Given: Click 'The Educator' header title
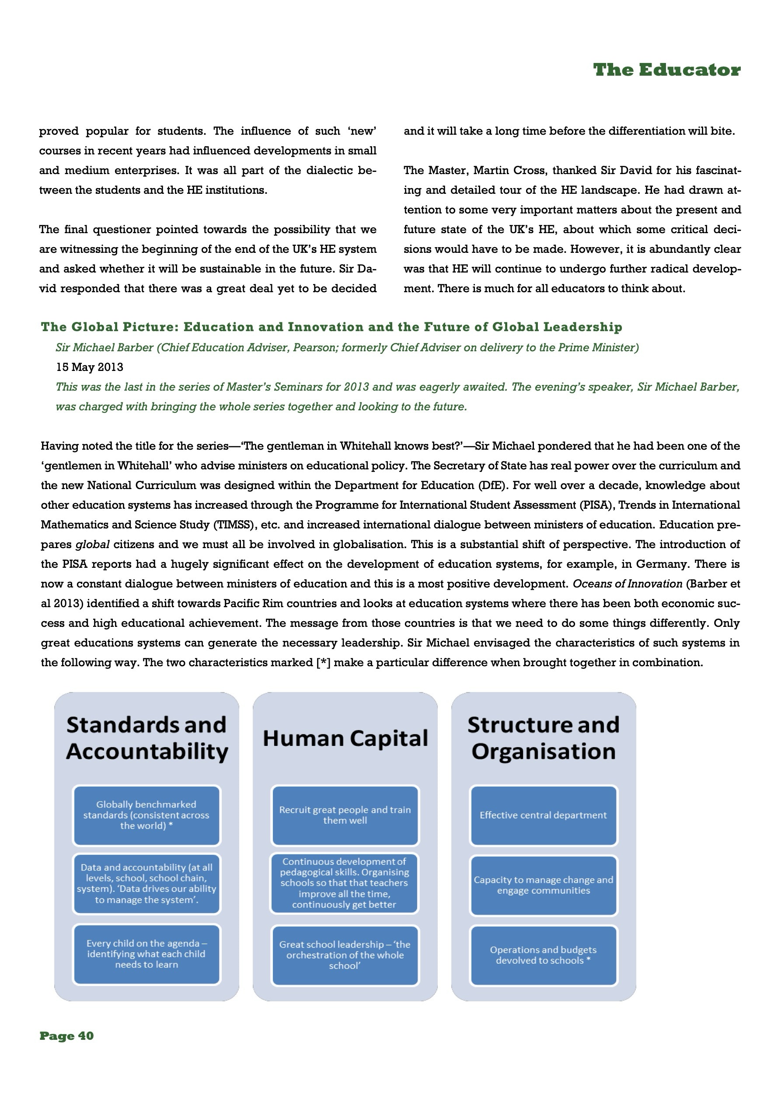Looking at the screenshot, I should [x=666, y=70].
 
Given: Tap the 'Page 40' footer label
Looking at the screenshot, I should [x=66, y=1036].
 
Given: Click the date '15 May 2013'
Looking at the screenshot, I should [x=90, y=367].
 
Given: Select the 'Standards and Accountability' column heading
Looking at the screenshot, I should [x=146, y=738].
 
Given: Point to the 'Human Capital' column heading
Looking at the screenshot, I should [x=345, y=739].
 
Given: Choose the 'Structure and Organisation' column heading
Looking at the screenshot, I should [x=543, y=738].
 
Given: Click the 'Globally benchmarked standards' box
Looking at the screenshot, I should [x=146, y=815].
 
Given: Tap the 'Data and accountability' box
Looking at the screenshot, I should [x=146, y=883].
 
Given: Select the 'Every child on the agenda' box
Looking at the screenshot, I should [x=146, y=953].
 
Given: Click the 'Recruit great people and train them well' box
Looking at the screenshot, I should [x=345, y=815].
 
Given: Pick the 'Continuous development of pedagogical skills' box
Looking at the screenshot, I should [x=345, y=883].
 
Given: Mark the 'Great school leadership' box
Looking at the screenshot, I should [x=345, y=955].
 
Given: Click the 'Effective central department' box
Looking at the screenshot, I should [x=543, y=815].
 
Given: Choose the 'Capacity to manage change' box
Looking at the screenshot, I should [x=543, y=885].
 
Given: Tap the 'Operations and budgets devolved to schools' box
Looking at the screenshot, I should [x=543, y=955].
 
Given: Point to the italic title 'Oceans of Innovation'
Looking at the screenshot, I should [x=627, y=584].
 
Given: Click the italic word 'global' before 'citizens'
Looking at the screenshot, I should [x=92, y=544].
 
